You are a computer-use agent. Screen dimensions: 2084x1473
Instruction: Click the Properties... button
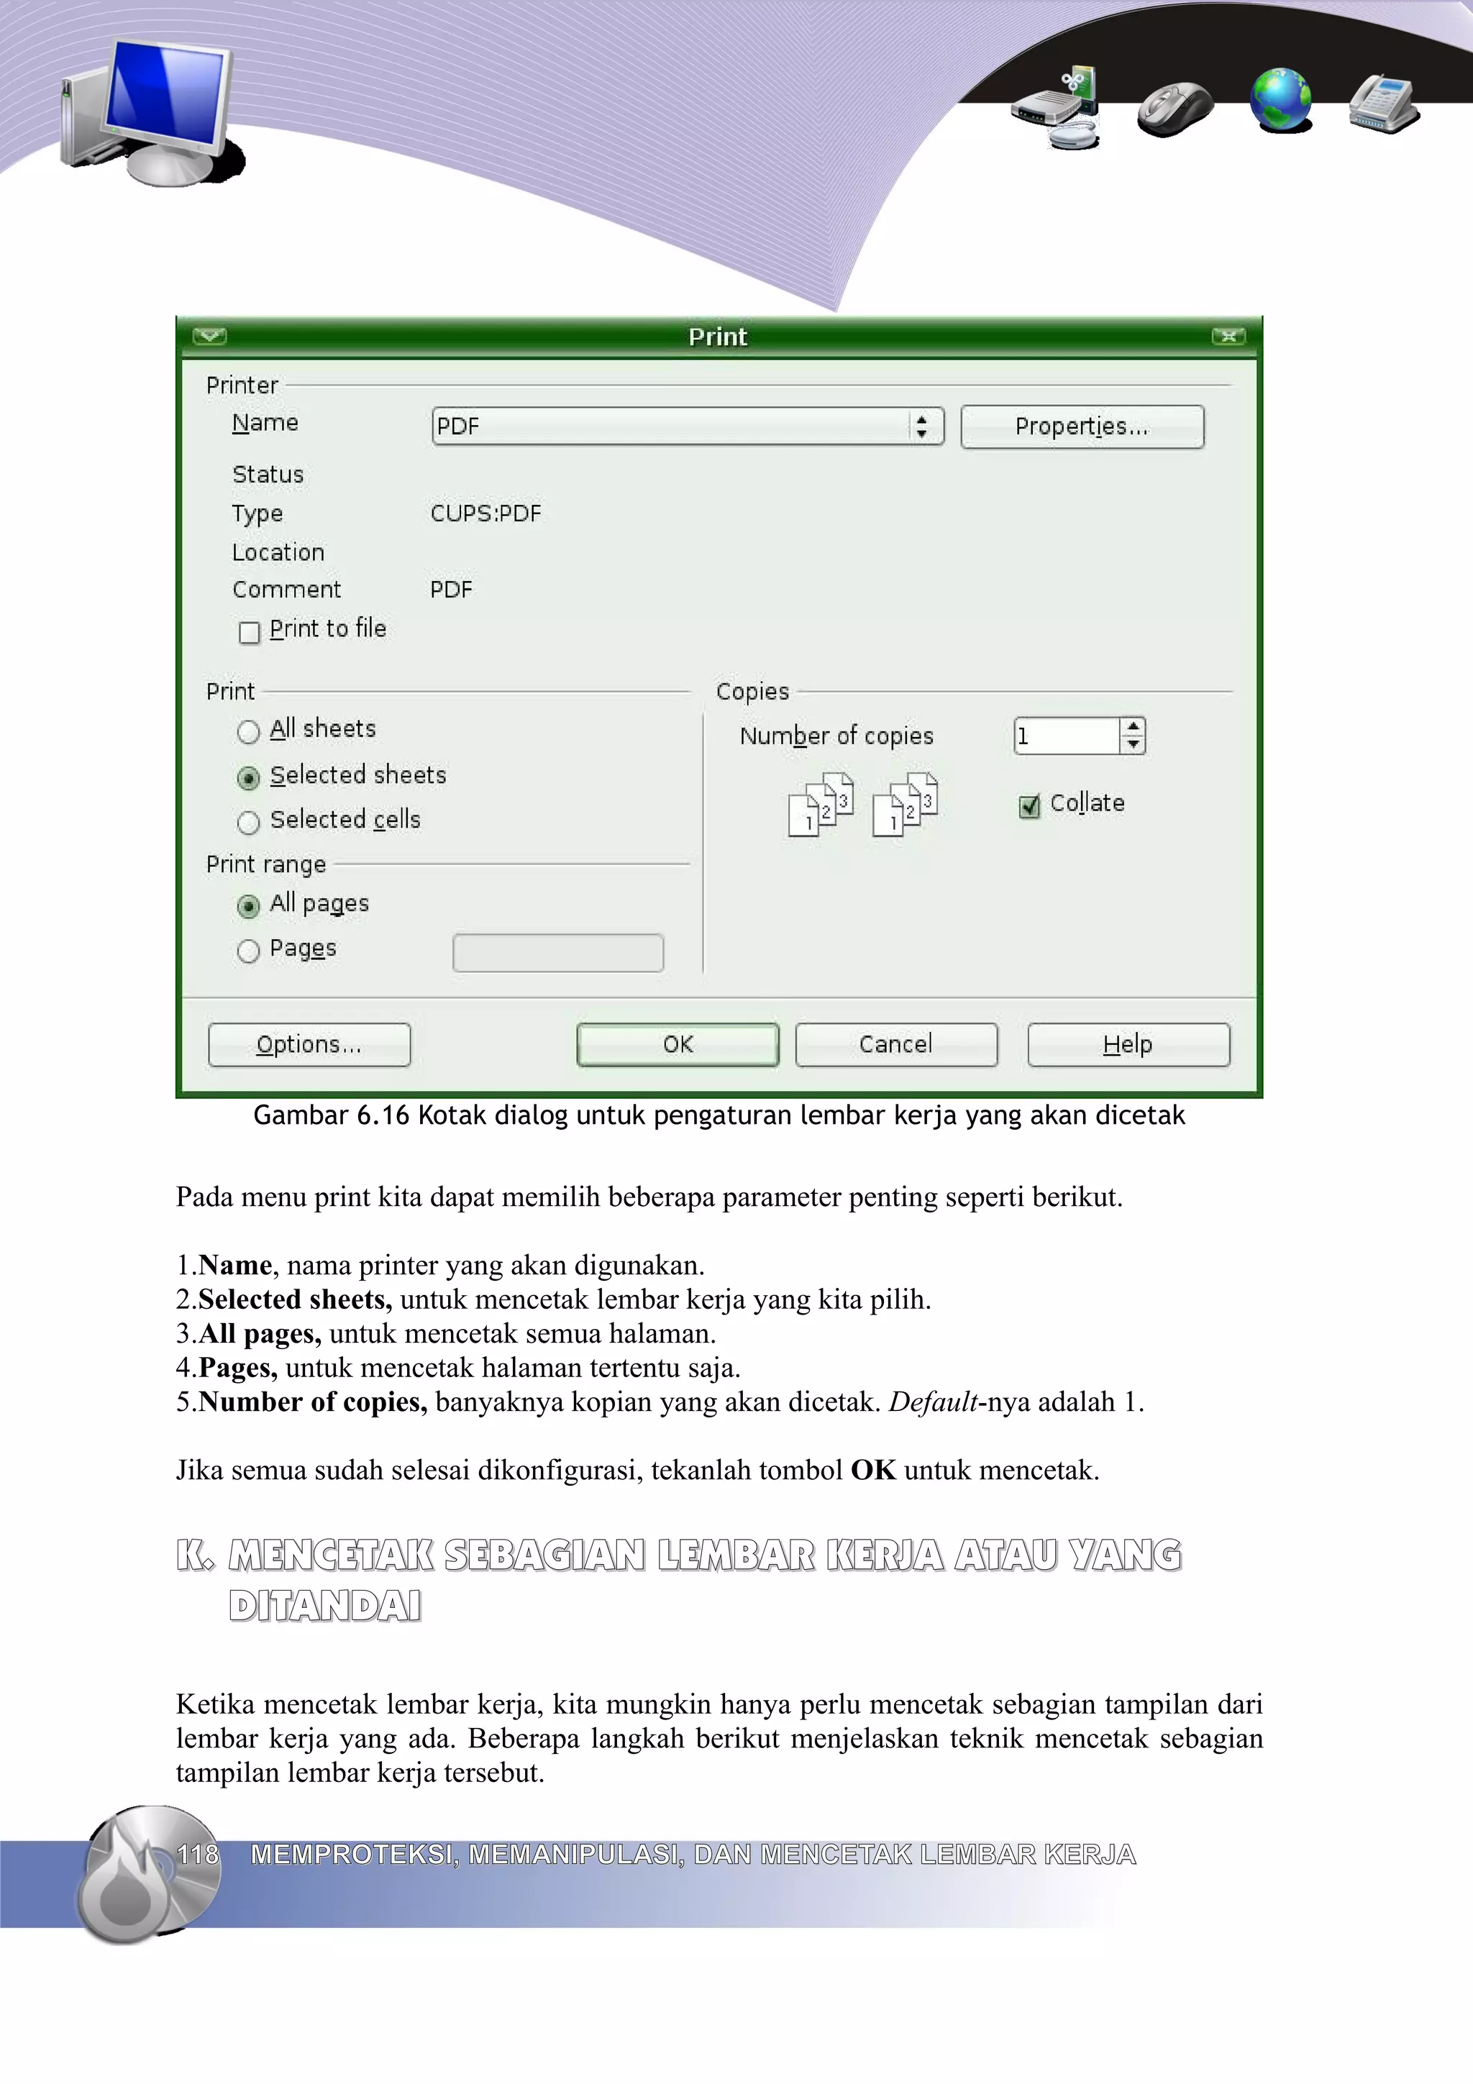coord(1082,426)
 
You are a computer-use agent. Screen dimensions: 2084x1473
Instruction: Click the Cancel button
coord(895,1044)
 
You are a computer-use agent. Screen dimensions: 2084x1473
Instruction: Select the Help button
coord(1128,1044)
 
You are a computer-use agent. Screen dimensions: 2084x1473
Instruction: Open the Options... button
coord(309,1044)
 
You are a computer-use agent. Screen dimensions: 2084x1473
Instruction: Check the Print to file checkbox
coord(250,631)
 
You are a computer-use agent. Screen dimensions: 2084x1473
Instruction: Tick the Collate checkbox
coord(1029,806)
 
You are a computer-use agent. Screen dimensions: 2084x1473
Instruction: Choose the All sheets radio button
coord(247,731)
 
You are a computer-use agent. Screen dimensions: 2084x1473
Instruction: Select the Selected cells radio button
coord(247,823)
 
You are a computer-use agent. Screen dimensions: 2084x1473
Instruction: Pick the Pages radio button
coord(247,951)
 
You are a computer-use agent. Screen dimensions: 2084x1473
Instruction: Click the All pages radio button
coord(247,906)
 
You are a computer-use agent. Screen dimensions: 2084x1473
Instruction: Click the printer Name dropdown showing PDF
coord(687,426)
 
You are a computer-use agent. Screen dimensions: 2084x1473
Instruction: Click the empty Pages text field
coord(557,953)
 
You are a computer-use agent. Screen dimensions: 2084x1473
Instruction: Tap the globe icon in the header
coord(1280,100)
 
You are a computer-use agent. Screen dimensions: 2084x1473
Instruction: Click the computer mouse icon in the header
coord(1175,109)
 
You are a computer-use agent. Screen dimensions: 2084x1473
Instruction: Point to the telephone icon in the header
coord(1383,104)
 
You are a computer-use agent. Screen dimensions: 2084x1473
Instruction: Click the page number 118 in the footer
coord(198,1855)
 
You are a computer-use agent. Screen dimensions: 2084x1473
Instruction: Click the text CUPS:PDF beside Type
coord(485,513)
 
